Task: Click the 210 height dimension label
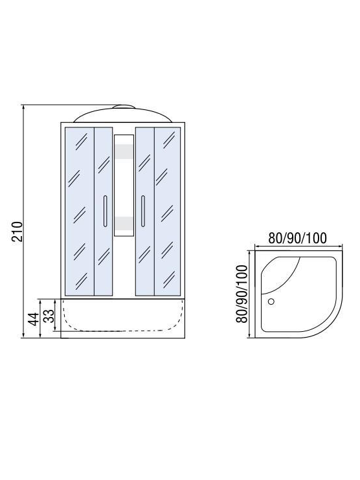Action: [x=17, y=232]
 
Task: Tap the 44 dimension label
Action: [x=34, y=319]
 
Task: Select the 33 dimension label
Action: [x=49, y=315]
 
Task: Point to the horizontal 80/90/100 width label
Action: [x=297, y=238]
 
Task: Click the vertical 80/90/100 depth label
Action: [x=242, y=294]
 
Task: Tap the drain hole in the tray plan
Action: [x=271, y=301]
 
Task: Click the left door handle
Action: [x=106, y=211]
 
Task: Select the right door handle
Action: [x=143, y=211]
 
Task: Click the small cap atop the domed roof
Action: [x=123, y=107]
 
